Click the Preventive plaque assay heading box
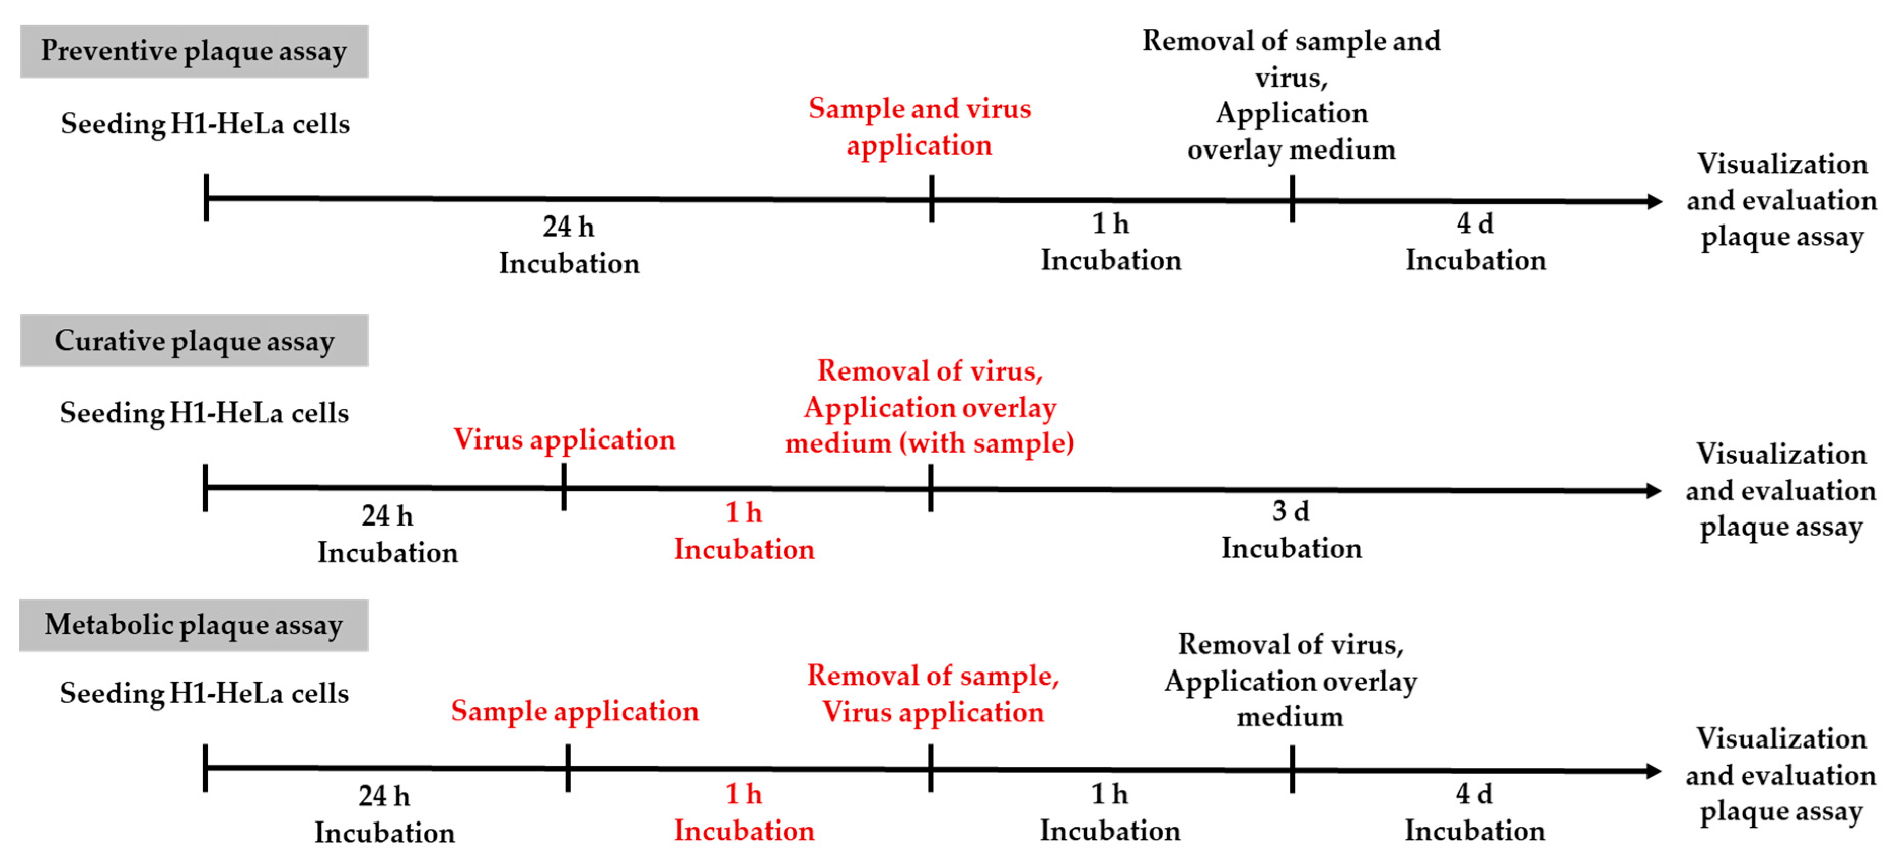point(194,51)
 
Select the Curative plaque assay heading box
point(194,341)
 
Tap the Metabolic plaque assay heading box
point(194,625)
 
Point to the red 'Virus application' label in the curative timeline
point(564,439)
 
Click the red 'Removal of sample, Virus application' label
point(932,694)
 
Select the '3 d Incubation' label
point(1291,530)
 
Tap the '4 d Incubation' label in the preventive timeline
point(1475,242)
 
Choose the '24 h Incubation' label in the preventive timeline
point(569,244)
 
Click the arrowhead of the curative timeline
point(1653,491)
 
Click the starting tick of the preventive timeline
point(206,198)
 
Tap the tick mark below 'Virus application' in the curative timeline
point(564,488)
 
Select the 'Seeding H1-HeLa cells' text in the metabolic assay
point(204,693)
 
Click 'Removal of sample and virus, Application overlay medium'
point(1291,95)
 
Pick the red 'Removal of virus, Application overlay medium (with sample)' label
point(929,407)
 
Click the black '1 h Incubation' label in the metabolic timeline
point(1110,812)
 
